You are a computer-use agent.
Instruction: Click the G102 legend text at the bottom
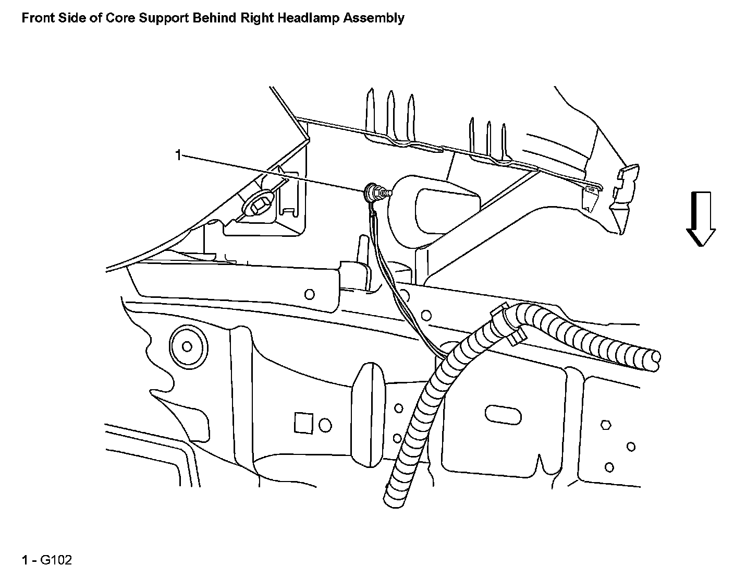56,561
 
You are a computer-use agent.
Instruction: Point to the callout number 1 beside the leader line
178,155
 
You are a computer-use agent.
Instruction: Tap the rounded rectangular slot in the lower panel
503,414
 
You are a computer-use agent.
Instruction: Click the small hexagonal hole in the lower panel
606,424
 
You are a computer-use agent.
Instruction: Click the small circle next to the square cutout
325,425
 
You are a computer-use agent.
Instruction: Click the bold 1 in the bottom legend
25,561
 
